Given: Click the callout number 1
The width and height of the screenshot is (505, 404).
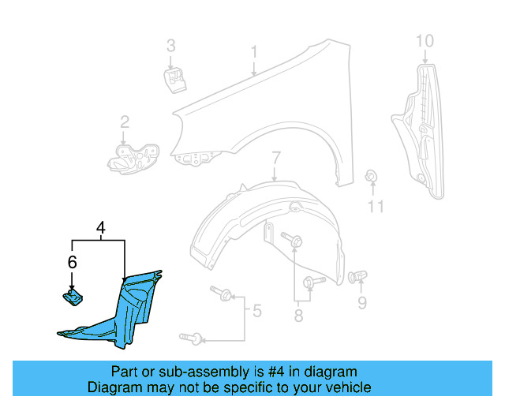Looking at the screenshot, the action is (254, 52).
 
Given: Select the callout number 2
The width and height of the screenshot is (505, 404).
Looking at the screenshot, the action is (125, 122).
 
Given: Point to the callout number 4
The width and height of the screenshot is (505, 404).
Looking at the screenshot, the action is (100, 229).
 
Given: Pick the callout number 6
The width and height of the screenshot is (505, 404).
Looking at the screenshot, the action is (72, 262).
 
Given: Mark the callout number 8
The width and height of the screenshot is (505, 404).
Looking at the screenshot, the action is (298, 316).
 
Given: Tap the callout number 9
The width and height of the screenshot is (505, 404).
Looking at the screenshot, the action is (362, 302).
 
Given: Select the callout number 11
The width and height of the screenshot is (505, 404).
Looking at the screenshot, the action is (376, 207).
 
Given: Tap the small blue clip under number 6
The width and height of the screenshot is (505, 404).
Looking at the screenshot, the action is (73, 297).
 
